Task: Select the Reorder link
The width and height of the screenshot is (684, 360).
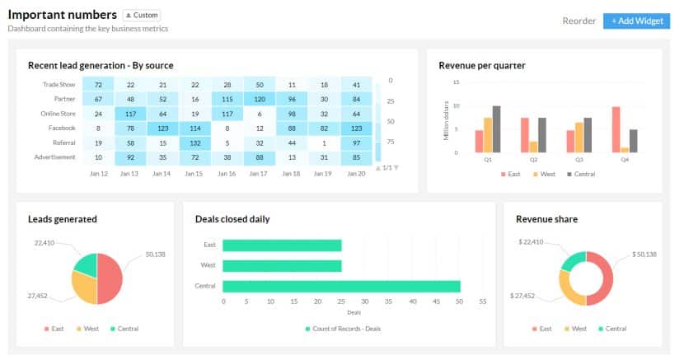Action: pyautogui.click(x=579, y=21)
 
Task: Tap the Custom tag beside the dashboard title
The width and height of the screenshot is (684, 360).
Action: pyautogui.click(x=142, y=15)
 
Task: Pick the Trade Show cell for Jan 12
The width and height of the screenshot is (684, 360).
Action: pyautogui.click(x=98, y=85)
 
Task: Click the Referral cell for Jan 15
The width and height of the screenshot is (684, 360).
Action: pyautogui.click(x=194, y=143)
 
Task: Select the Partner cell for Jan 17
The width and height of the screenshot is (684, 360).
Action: pyautogui.click(x=260, y=99)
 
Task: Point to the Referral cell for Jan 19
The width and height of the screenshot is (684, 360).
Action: pyautogui.click(x=324, y=143)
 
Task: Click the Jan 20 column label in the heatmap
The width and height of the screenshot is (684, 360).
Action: pyautogui.click(x=356, y=174)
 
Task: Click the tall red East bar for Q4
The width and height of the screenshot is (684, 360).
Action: pyautogui.click(x=615, y=129)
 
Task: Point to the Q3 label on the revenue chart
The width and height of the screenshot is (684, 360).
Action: pyautogui.click(x=579, y=161)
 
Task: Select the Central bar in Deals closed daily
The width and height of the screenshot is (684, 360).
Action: pyautogui.click(x=341, y=286)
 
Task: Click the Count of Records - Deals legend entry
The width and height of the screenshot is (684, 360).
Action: pyautogui.click(x=341, y=329)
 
